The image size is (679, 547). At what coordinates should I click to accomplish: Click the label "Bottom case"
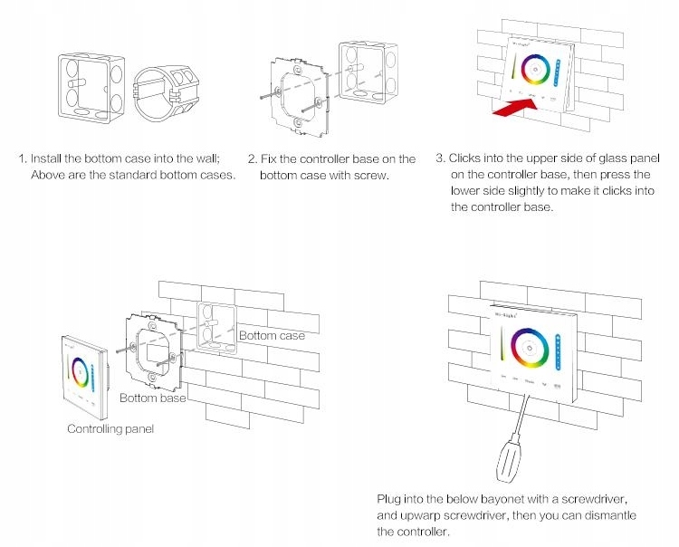tap(272, 336)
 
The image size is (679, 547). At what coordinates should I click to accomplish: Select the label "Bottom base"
tap(153, 398)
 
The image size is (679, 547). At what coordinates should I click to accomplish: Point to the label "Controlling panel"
tap(110, 427)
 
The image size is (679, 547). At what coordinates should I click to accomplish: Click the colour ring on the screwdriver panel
tap(527, 346)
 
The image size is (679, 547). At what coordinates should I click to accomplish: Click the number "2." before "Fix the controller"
tap(253, 158)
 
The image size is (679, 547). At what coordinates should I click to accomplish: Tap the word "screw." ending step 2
tap(372, 175)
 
